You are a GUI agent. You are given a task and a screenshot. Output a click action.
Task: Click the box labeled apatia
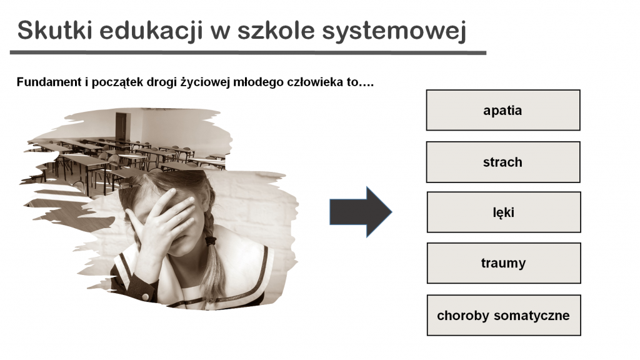503,110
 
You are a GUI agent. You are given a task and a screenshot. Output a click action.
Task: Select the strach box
503,162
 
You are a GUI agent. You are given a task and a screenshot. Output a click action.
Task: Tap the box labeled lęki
504,212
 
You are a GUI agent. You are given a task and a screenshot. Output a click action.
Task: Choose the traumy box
504,263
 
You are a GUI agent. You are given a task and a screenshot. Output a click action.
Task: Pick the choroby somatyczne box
504,316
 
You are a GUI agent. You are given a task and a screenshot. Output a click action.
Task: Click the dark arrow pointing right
361,212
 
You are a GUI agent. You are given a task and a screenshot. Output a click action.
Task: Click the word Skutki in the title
55,30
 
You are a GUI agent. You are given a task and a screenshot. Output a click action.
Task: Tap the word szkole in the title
276,30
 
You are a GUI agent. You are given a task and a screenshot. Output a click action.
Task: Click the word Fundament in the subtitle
49,82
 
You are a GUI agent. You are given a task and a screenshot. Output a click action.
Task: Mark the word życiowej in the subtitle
205,82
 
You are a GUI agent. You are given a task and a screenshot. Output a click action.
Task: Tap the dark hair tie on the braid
210,241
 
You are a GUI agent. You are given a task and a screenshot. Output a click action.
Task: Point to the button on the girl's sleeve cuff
144,296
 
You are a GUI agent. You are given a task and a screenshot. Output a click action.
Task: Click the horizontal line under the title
248,52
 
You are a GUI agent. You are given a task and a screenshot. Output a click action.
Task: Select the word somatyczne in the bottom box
532,316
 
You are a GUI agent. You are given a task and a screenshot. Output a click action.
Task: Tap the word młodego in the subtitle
258,82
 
